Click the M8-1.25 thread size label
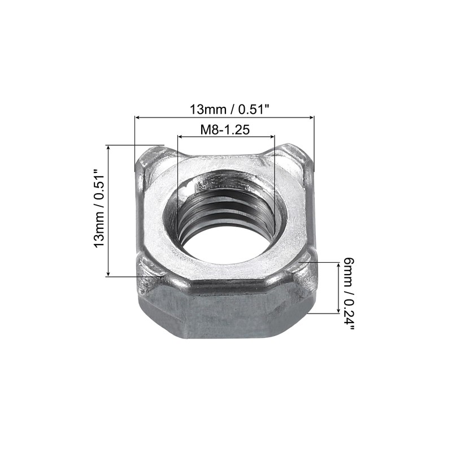click(x=225, y=129)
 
